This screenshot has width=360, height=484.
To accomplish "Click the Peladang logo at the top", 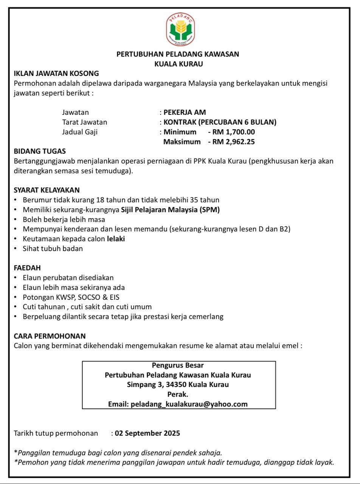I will click(180, 29).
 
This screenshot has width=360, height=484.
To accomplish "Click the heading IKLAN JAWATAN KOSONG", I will click(56, 73).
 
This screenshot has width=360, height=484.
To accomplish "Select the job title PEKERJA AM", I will click(185, 112).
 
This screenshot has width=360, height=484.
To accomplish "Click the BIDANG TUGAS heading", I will click(40, 151).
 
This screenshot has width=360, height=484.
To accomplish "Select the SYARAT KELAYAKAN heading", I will click(47, 190).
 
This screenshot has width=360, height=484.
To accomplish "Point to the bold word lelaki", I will click(116, 239).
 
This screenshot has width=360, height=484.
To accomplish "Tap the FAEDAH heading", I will click(27, 268).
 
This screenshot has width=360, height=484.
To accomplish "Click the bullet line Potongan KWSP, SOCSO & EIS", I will click(71, 297).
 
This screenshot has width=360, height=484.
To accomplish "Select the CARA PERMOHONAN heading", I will click(50, 336).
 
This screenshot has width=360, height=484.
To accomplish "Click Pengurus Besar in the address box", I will click(178, 365).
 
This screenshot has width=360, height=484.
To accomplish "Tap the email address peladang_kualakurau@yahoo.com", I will click(189, 404).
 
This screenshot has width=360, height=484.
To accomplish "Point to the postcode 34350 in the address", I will click(177, 385).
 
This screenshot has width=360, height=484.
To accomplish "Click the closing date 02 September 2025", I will click(147, 433).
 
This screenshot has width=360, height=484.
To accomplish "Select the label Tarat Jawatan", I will click(85, 122).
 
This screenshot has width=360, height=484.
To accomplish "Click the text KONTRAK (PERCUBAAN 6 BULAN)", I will click(220, 122).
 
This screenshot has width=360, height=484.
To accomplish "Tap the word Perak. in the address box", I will click(178, 394).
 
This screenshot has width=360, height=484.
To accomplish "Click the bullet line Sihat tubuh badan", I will click(53, 249).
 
